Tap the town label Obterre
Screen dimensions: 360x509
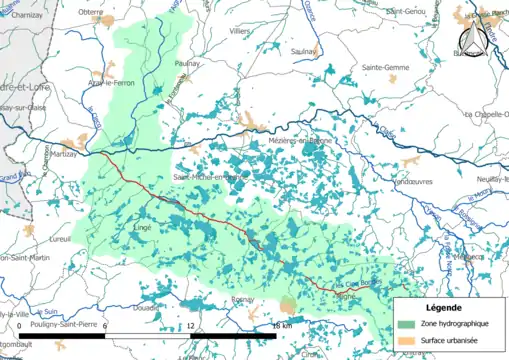point(91,12)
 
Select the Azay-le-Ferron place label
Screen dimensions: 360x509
point(110,82)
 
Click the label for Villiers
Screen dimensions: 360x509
point(240,32)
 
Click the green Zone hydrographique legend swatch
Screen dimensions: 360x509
point(406,325)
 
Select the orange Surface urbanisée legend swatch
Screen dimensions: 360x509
point(406,342)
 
